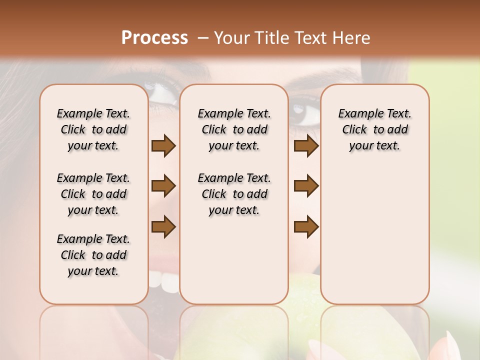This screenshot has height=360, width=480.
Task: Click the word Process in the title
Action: point(154,38)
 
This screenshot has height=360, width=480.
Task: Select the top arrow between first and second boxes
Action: point(163,146)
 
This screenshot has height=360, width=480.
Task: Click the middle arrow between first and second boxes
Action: point(163,186)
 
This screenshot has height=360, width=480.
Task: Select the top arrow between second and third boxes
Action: point(306,146)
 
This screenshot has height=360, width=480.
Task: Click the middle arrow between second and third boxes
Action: point(306,186)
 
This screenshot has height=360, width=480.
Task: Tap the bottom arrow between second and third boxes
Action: point(306,227)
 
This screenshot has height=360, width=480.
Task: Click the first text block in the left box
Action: point(93,129)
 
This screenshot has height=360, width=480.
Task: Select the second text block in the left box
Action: point(93,194)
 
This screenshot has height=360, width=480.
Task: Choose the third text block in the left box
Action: point(93,255)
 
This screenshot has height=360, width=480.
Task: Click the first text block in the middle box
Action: point(234,129)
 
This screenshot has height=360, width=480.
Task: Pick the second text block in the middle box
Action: point(234,194)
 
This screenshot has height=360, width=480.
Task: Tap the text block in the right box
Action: point(374,129)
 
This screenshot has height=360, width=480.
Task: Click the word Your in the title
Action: point(230,38)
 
